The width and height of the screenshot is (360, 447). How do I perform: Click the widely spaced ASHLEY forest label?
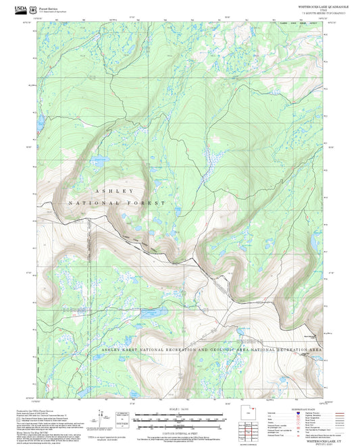tap(113, 192)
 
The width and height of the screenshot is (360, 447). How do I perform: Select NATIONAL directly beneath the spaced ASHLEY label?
tap(92, 203)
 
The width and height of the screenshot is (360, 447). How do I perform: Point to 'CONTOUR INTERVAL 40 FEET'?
tap(180, 429)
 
